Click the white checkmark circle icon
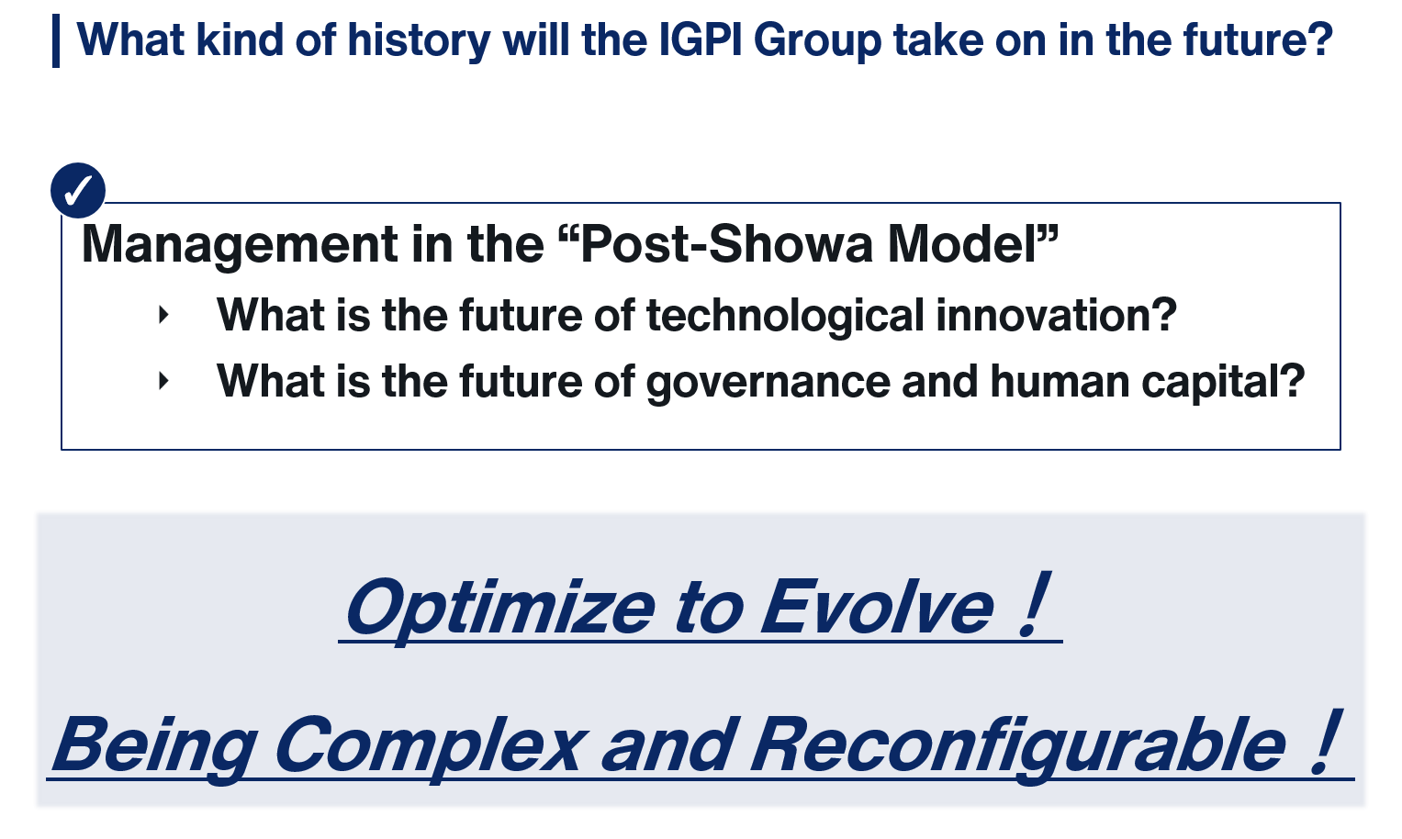(x=78, y=190)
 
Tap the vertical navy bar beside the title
(x=56, y=40)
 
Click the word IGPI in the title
(x=700, y=39)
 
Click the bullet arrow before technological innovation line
(x=164, y=315)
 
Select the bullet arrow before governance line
(x=164, y=380)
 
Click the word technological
(x=785, y=316)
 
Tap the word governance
(x=768, y=383)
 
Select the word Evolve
(x=876, y=607)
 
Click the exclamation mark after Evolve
(x=1033, y=604)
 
